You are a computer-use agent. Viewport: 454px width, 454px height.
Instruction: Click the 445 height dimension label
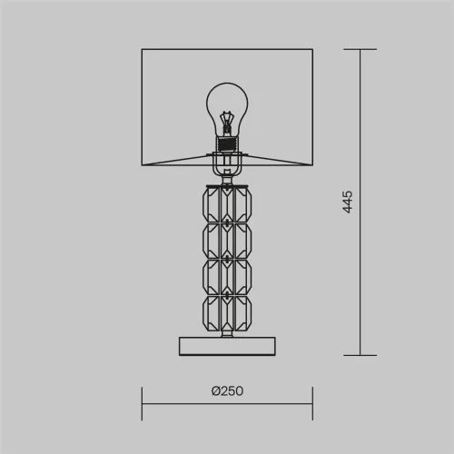pyautogui.click(x=347, y=202)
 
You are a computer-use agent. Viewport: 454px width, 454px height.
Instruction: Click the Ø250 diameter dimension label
pyautogui.click(x=227, y=391)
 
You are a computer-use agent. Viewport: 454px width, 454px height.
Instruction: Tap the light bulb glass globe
pyautogui.click(x=227, y=109)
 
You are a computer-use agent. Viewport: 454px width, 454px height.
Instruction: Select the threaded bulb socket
pyautogui.click(x=227, y=144)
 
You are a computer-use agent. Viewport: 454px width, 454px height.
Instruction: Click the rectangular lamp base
pyautogui.click(x=227, y=346)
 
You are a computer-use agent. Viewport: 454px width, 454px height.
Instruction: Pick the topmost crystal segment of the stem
pyautogui.click(x=227, y=204)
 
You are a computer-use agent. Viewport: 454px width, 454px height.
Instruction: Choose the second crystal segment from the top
pyautogui.click(x=227, y=241)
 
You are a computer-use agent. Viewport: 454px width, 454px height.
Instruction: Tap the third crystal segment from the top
pyautogui.click(x=227, y=277)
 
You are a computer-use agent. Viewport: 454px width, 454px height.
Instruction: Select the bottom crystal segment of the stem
pyautogui.click(x=227, y=313)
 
